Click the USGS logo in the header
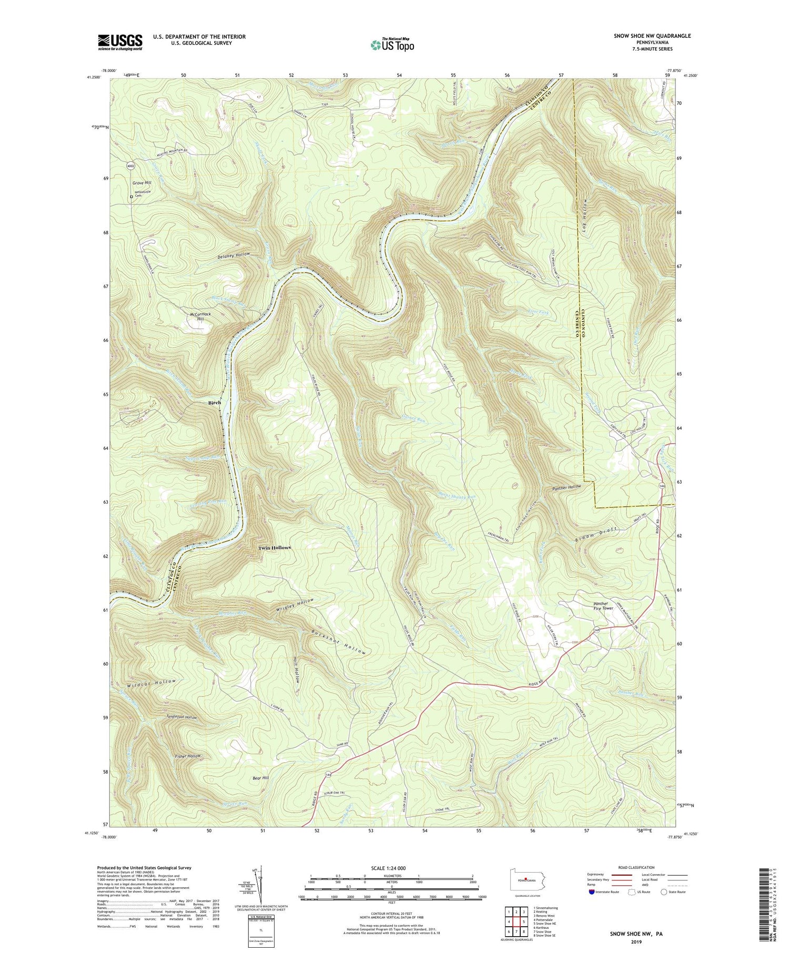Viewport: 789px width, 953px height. (120, 42)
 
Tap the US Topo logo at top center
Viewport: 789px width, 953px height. (392, 45)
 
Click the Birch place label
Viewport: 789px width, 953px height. (215, 403)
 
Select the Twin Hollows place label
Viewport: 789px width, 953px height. (274, 548)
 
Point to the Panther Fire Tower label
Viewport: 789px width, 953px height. (600, 606)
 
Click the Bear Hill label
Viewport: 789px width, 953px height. (261, 777)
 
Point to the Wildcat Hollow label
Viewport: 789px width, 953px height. (151, 683)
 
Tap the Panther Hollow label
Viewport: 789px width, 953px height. (567, 487)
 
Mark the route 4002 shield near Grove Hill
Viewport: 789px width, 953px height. (131, 167)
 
